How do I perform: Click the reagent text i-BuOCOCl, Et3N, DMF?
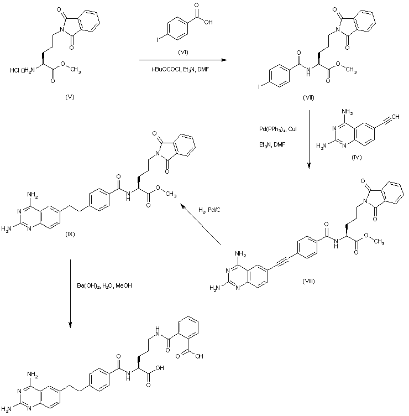(x=181, y=68)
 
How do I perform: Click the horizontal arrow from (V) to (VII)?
(x=182, y=59)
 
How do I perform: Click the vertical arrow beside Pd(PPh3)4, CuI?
(x=308, y=138)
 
